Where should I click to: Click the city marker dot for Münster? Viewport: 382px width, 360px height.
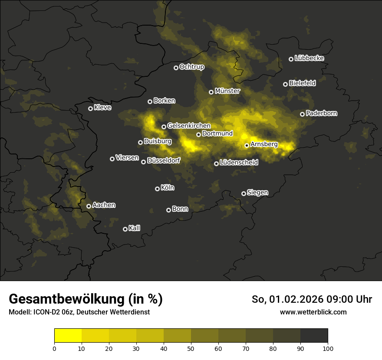click(211, 92)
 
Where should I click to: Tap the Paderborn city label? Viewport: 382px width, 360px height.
click(322, 113)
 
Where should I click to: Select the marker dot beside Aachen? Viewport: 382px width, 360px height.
click(89, 206)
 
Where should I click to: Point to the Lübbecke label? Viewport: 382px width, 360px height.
click(309, 58)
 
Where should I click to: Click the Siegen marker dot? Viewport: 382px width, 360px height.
click(244, 193)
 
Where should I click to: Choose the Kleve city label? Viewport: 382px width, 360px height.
click(102, 108)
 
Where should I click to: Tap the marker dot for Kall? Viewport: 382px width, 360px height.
click(125, 229)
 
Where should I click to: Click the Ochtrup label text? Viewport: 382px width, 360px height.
click(191, 67)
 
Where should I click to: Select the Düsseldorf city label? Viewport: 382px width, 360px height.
click(164, 160)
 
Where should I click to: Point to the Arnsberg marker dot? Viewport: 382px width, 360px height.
click(247, 145)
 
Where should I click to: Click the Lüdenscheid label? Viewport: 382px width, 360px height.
click(239, 163)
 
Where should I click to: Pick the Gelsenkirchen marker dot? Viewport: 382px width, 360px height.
click(164, 127)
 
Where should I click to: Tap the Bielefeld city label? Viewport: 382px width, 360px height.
click(302, 83)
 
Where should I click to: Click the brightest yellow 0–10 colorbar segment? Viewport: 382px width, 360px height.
click(68, 336)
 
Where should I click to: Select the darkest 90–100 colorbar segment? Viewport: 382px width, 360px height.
click(314, 336)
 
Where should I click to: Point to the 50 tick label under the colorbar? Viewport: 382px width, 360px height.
click(191, 348)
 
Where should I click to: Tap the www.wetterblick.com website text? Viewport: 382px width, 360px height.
click(313, 312)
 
